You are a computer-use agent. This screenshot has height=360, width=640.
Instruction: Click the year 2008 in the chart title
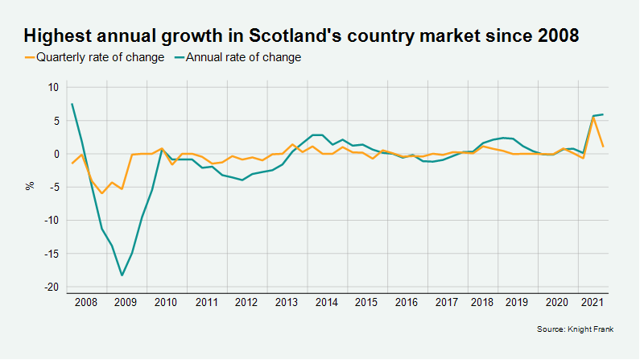point(555,36)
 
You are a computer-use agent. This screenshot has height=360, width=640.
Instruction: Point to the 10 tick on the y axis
point(52,87)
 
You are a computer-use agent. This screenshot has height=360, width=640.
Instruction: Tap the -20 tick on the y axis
point(51,288)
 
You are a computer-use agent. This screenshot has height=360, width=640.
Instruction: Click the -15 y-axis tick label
point(51,254)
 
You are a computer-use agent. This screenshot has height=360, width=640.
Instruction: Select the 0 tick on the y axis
point(56,154)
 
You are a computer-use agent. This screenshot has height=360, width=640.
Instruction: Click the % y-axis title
point(31,187)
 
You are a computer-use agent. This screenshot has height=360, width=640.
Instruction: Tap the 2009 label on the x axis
point(126,303)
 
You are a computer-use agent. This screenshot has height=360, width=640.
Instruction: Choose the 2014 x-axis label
point(327,303)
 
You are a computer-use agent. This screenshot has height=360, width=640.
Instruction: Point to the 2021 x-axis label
point(593,303)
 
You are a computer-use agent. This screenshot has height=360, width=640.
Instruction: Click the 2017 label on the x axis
point(447,303)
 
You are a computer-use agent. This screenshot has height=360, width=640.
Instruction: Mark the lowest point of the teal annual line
point(122,275)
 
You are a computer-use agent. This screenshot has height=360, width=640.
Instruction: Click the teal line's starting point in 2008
point(72,104)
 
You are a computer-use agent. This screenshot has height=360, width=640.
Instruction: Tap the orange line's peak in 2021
point(593,118)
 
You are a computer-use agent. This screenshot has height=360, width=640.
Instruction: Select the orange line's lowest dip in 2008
point(102,193)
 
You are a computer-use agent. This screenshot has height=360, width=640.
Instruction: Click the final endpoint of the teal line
point(604,114)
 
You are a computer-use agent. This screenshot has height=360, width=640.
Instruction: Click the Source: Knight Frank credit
point(575,329)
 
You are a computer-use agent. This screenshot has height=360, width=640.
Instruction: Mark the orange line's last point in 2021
point(604,147)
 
